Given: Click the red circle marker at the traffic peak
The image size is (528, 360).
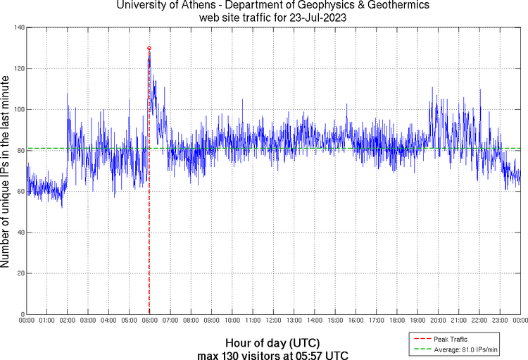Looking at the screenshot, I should [149, 48].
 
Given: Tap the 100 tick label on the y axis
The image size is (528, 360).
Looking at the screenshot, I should [19, 109].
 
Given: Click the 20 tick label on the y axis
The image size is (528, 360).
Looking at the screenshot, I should [21, 273].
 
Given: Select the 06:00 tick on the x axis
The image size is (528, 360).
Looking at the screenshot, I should [150, 321].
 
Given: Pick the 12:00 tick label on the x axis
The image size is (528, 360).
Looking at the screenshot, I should [273, 321].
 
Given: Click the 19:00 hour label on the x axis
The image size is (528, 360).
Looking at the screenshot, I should [417, 321].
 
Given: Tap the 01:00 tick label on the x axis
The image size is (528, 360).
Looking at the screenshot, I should [47, 321].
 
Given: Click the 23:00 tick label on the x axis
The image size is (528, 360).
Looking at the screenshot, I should [500, 321].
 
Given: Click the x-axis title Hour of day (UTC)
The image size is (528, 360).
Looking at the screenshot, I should [273, 342].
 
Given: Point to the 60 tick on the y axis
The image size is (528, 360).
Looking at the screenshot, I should [21, 192].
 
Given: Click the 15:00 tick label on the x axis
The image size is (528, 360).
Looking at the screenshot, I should [335, 321].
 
